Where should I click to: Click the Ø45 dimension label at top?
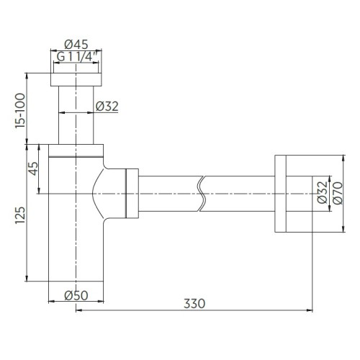point(76,44)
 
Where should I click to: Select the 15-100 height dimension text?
point(20,111)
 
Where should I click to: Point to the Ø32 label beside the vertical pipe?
point(107,107)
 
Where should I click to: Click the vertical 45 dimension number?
point(33,168)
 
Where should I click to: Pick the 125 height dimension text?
point(20,215)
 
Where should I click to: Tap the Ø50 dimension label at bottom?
point(76,295)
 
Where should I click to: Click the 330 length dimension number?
point(194,303)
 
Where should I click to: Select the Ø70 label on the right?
point(338,193)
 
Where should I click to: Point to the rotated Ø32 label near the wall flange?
point(323,192)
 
